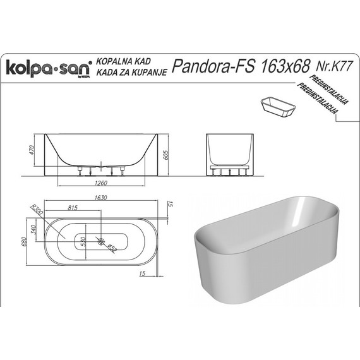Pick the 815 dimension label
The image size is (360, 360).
pos(73,207)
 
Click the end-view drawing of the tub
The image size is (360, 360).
pos(230,153)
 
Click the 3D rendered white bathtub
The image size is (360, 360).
pos(272,253)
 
